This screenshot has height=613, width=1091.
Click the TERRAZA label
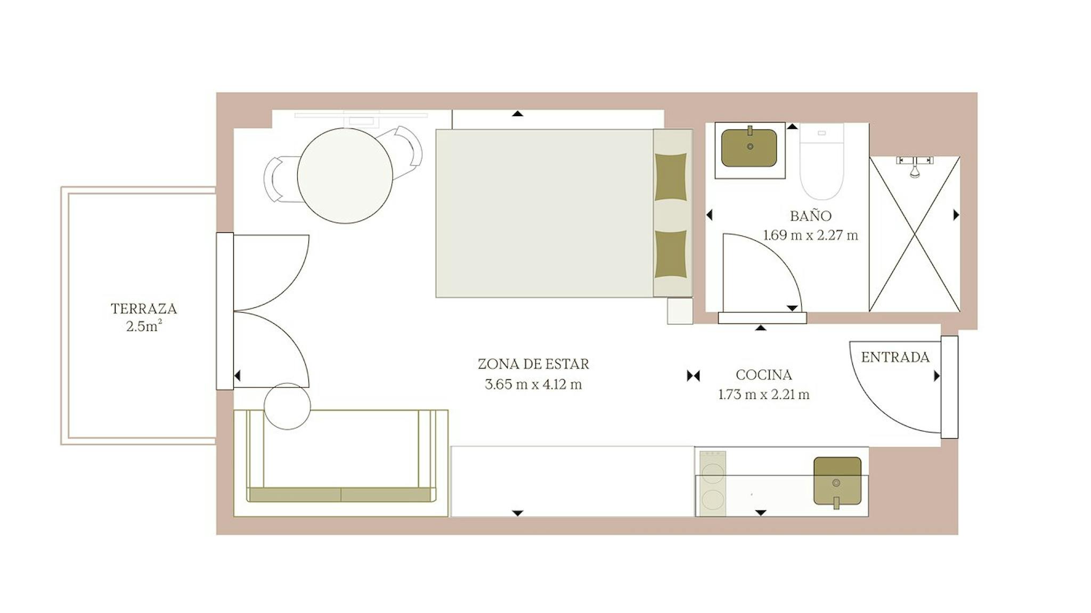tap(144, 308)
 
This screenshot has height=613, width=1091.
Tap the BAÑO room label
tap(810, 215)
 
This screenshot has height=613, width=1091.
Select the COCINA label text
tap(763, 375)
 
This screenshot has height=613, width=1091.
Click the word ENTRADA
tap(895, 357)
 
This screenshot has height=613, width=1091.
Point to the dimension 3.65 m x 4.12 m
tap(533, 384)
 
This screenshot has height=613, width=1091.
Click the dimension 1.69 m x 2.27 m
tap(810, 235)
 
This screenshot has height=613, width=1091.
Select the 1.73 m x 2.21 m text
tap(763, 395)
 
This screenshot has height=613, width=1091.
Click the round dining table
tap(345, 176)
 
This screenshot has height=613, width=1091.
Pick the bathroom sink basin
tap(749, 148)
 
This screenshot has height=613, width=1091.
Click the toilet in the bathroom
tap(821, 161)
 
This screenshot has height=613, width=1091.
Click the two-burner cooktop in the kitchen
tap(712, 484)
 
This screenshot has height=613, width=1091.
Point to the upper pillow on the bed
tap(670, 177)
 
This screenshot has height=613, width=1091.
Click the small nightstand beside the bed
tap(680, 311)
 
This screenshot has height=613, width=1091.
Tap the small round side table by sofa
tap(287, 406)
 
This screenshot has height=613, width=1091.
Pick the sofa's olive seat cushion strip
tap(341, 494)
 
